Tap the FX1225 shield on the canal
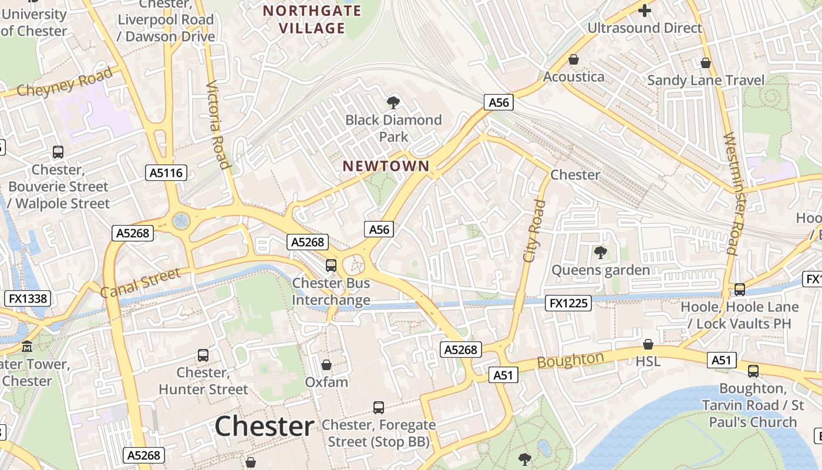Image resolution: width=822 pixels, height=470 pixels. (x=568, y=303)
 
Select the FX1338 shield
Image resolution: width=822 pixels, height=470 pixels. (x=28, y=298)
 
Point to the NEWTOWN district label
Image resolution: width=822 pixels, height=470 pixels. (x=386, y=166)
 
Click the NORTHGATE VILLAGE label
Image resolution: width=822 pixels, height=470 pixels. (x=312, y=19)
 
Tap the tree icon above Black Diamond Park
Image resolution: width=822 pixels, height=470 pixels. (x=393, y=103)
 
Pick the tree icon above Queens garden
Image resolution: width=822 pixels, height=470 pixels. (x=600, y=253)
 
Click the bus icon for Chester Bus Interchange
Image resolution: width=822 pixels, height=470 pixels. (x=331, y=266)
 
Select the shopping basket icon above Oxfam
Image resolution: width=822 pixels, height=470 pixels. (x=326, y=365)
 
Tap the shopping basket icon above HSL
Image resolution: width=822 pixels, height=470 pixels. (x=648, y=344)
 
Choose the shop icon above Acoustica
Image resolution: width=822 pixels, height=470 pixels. (x=574, y=60)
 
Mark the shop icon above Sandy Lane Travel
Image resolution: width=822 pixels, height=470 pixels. (x=706, y=63)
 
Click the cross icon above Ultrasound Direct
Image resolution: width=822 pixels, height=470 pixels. (x=645, y=11)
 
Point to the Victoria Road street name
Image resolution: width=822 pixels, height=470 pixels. (x=218, y=125)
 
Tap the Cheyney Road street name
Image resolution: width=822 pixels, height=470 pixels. (x=65, y=82)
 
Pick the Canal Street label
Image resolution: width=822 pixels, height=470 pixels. (x=140, y=283)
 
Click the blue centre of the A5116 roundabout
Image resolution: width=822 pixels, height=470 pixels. (x=181, y=221)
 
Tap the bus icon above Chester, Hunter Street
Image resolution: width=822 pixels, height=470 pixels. (x=203, y=355)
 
